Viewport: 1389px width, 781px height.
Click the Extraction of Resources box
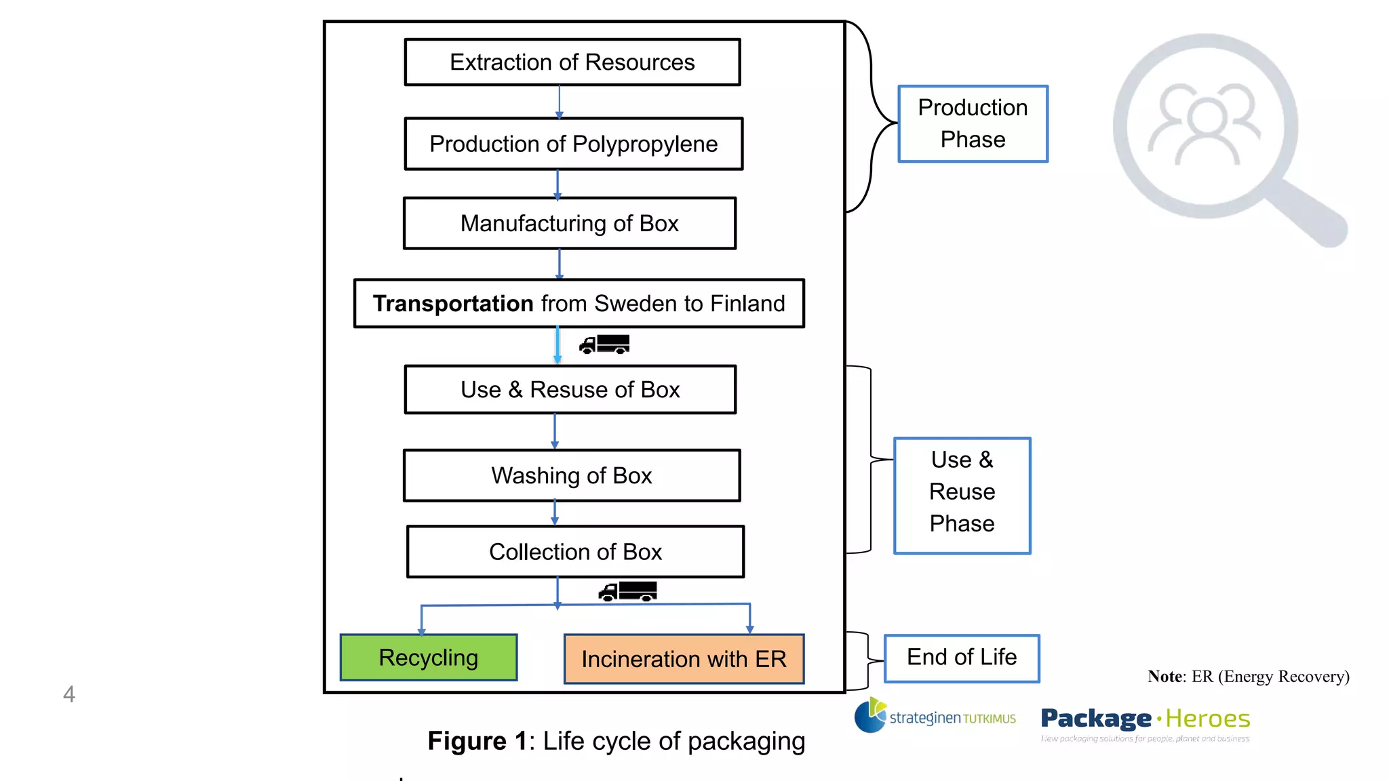[x=572, y=62]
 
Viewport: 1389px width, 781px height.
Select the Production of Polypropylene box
[x=573, y=144]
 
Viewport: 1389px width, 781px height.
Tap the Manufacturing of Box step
[x=569, y=223]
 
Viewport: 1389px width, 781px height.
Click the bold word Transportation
[x=453, y=304]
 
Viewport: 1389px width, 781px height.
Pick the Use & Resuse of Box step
[x=570, y=390]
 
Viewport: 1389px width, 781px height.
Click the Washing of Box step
[x=571, y=475]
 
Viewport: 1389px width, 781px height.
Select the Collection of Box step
[x=575, y=552]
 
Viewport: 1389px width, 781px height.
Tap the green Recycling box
[x=428, y=658]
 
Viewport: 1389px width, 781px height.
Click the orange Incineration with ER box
[x=684, y=659]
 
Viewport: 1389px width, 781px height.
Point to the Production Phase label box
[x=973, y=124]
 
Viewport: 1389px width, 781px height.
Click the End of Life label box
[x=962, y=658]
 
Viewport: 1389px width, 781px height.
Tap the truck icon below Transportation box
[x=604, y=344]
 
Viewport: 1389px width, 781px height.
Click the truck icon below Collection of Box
[x=627, y=591]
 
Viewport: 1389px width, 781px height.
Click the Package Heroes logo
[x=1145, y=722]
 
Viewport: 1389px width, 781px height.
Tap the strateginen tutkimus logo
[x=935, y=717]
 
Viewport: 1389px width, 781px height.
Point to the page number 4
[x=69, y=694]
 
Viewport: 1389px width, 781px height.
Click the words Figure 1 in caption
[x=477, y=741]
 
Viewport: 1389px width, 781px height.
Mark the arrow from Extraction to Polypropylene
[x=559, y=102]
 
